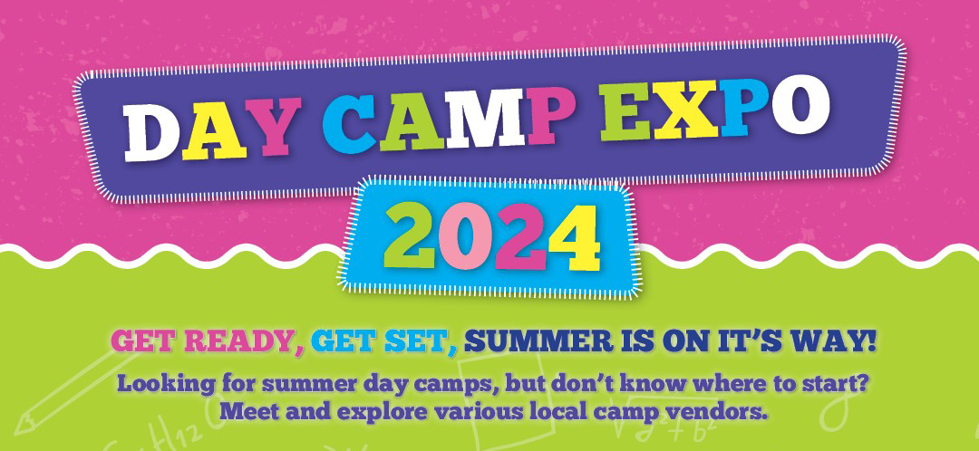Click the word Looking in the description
161,383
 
